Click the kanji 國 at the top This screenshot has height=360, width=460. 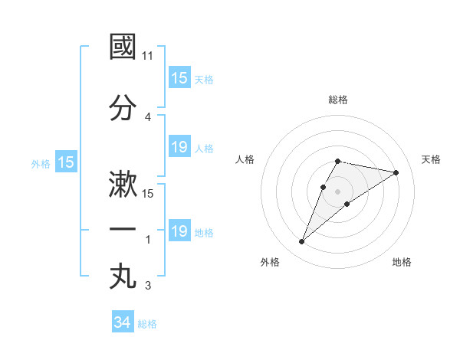(x=123, y=47)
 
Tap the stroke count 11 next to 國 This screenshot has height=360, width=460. (x=148, y=56)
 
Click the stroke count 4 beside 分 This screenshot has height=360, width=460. (x=148, y=116)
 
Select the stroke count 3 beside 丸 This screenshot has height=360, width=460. (x=148, y=286)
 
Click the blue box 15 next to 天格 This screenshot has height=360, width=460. (x=179, y=78)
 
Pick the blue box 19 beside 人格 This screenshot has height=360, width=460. (x=179, y=147)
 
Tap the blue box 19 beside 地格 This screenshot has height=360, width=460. (x=179, y=231)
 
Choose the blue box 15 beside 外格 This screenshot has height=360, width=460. (x=66, y=162)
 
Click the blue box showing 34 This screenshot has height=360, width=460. (x=122, y=323)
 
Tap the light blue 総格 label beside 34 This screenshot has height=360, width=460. (x=147, y=324)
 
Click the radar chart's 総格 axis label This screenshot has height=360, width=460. (x=338, y=100)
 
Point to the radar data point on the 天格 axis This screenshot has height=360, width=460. (x=396, y=172)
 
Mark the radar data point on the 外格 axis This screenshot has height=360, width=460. (x=301, y=242)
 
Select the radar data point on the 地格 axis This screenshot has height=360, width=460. (x=347, y=204)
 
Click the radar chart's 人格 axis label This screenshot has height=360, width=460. (x=245, y=159)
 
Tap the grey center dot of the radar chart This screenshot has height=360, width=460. (x=338, y=191)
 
